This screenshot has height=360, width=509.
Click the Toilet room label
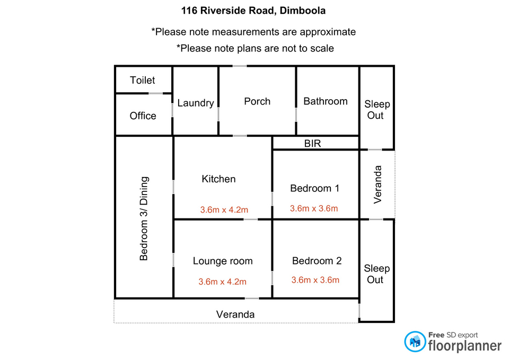tap(143, 80)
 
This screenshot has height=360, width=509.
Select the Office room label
tap(143, 116)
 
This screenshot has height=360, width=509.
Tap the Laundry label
tap(196, 103)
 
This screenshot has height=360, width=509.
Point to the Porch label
tap(257, 101)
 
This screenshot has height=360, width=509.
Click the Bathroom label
tap(326, 101)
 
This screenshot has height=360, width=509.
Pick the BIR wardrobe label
tap(312, 143)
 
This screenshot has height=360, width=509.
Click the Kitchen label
tap(218, 179)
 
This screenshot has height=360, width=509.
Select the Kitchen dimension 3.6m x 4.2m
tap(224, 209)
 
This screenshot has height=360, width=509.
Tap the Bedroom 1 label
tap(315, 188)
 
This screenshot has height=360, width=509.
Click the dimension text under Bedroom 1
tap(314, 208)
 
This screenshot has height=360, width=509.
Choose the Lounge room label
tap(223, 261)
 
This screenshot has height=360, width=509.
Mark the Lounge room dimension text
tap(223, 282)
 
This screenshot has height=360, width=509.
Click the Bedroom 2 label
tap(317, 261)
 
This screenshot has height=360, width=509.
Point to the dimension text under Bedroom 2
tap(315, 280)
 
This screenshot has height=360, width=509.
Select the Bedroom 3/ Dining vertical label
tap(144, 218)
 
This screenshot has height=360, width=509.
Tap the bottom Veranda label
tap(235, 314)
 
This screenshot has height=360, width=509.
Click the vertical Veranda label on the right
tap(378, 185)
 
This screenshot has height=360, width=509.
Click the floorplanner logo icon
tap(415, 341)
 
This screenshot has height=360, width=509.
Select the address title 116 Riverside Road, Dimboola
tap(254, 10)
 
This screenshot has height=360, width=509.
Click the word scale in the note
tap(321, 48)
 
